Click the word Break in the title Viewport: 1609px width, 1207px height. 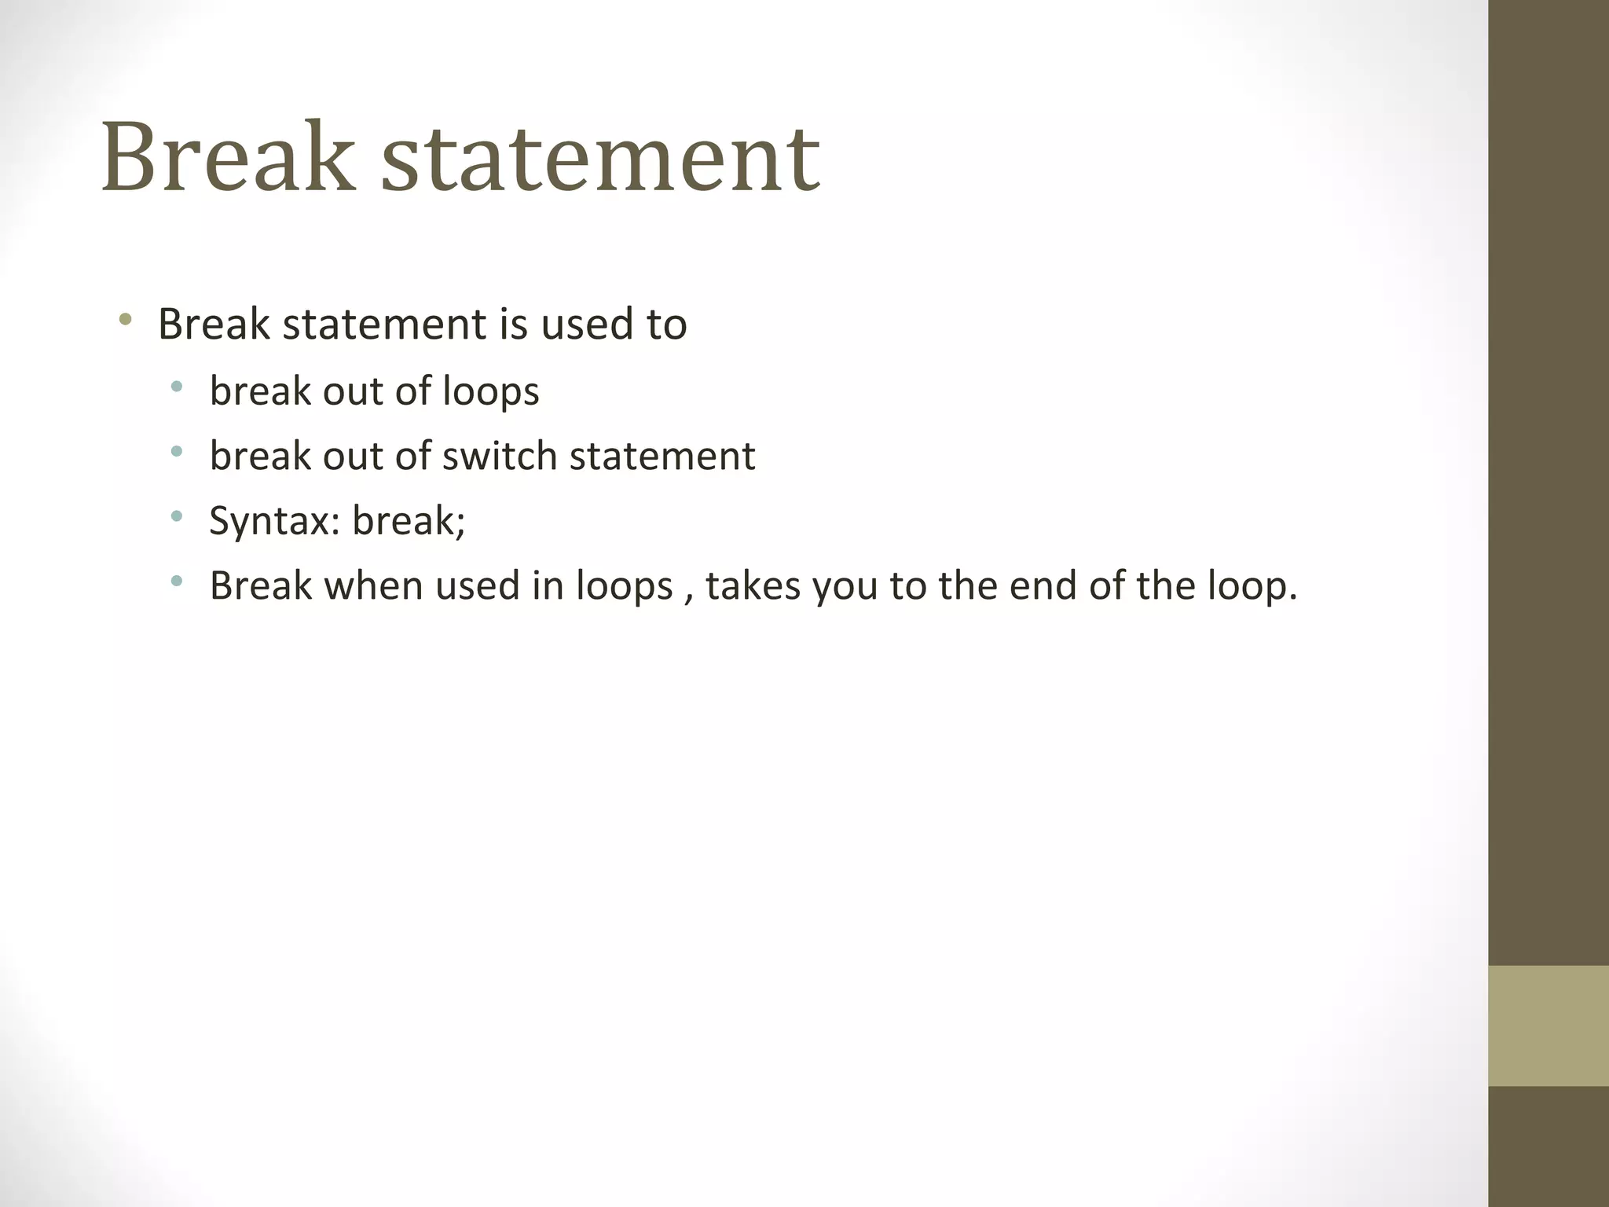pos(228,156)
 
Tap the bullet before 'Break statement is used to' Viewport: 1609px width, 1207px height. pos(124,320)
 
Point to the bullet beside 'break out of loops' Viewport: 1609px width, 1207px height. pos(177,386)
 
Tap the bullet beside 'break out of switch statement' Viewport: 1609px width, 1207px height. pos(177,451)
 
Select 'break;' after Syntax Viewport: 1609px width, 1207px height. pos(409,520)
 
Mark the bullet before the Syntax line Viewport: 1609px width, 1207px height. pos(177,516)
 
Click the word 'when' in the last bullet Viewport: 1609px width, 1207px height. pos(374,585)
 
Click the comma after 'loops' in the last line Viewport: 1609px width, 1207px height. pos(689,597)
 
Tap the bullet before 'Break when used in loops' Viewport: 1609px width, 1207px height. pos(177,581)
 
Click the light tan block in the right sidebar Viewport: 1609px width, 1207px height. pos(1548,1025)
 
